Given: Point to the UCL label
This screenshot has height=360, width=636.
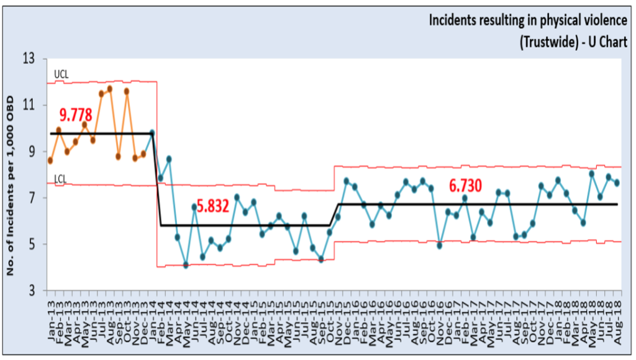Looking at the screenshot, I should (61, 74).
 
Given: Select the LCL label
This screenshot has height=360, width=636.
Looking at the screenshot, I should (60, 179).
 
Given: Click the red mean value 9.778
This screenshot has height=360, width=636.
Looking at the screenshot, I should (76, 115).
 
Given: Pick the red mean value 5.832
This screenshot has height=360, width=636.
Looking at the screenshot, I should (213, 207).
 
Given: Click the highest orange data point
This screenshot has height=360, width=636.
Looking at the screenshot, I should (109, 89).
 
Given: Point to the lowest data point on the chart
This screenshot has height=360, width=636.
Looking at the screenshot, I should (186, 265).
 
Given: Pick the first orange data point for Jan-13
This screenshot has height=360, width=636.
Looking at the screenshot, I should (50, 160).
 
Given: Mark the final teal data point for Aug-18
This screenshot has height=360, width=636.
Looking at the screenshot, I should (617, 182).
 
